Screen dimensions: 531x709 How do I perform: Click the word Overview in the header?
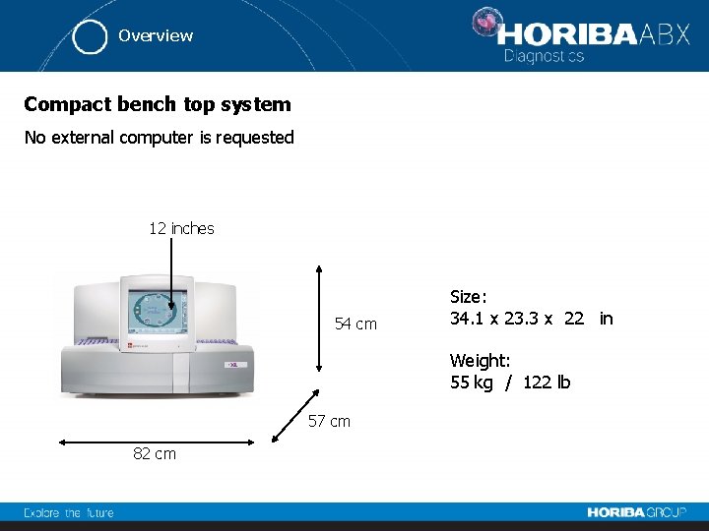click(156, 35)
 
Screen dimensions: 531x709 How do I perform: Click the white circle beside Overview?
click(91, 36)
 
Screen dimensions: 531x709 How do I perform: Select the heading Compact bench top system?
click(158, 104)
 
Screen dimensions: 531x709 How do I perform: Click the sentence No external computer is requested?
click(159, 138)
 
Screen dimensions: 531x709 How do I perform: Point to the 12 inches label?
click(181, 228)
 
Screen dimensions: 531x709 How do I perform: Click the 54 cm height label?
click(355, 324)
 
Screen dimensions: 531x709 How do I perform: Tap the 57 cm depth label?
click(329, 421)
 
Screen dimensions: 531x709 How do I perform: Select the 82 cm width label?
click(155, 453)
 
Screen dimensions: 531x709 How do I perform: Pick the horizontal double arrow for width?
click(155, 442)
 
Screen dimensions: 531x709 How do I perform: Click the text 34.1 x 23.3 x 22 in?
click(531, 319)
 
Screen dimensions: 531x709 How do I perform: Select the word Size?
click(468, 296)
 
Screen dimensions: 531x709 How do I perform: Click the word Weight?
click(480, 361)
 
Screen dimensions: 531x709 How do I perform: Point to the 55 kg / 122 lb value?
click(510, 383)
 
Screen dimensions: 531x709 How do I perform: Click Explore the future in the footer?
click(69, 512)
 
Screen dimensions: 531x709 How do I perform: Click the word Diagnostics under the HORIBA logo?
click(544, 56)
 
